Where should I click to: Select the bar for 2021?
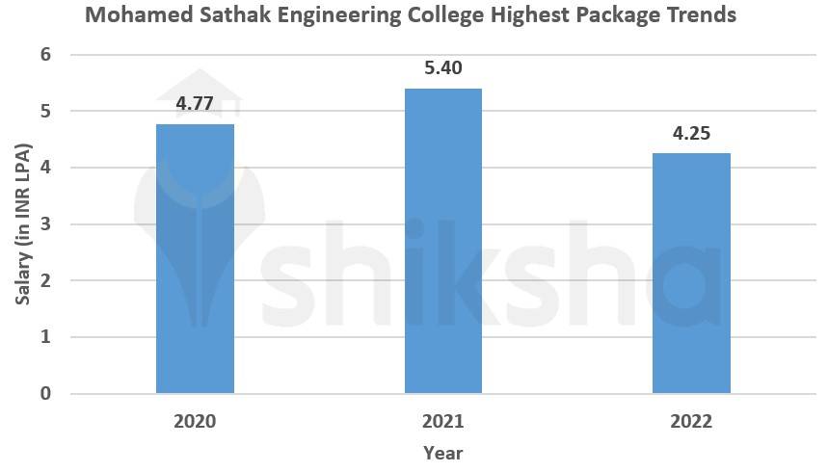pos(442,241)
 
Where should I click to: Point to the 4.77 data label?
pos(195,103)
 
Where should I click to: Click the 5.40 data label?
pos(442,68)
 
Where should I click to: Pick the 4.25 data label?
pos(691,133)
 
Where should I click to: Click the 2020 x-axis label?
pos(195,422)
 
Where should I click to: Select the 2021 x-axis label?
pos(442,422)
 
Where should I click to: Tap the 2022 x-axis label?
pos(691,422)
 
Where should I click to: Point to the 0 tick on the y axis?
pos(45,393)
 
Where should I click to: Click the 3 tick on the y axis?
pos(45,224)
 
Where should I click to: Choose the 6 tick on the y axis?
pos(45,55)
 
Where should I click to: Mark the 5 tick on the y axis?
pos(45,112)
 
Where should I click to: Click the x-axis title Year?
pos(442,453)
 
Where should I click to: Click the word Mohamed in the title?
pos(130,15)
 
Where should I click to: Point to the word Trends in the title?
pos(703,15)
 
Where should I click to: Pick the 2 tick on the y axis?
pos(45,280)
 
